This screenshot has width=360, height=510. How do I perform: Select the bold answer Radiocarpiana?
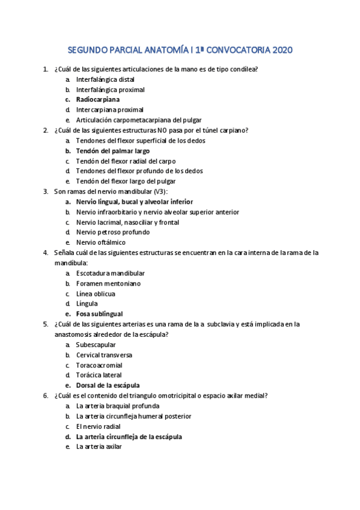click(97, 100)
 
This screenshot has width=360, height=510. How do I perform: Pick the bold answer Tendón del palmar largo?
click(113, 151)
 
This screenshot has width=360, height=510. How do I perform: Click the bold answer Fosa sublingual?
click(99, 314)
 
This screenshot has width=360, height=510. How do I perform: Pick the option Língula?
click(87, 304)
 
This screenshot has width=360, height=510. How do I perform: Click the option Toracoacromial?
click(99, 365)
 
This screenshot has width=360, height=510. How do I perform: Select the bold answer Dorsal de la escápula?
click(108, 386)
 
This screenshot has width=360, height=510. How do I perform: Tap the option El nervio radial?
click(99, 426)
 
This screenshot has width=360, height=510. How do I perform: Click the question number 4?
click(46, 253)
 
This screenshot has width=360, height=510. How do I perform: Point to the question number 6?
click(46, 396)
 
